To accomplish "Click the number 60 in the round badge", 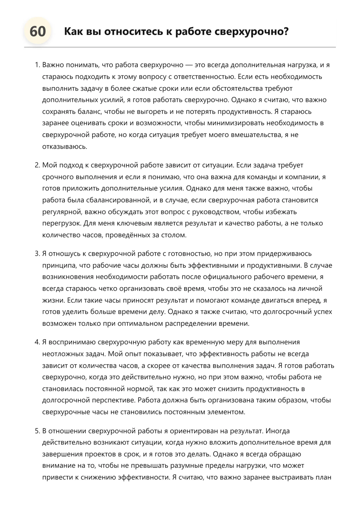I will pos(38,31).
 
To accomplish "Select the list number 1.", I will pos(37,65).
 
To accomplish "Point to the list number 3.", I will pos(37,254).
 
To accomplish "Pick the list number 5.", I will pos(37,431).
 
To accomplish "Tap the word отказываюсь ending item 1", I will pos(65,146).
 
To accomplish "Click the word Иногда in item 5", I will pos(277,431).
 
